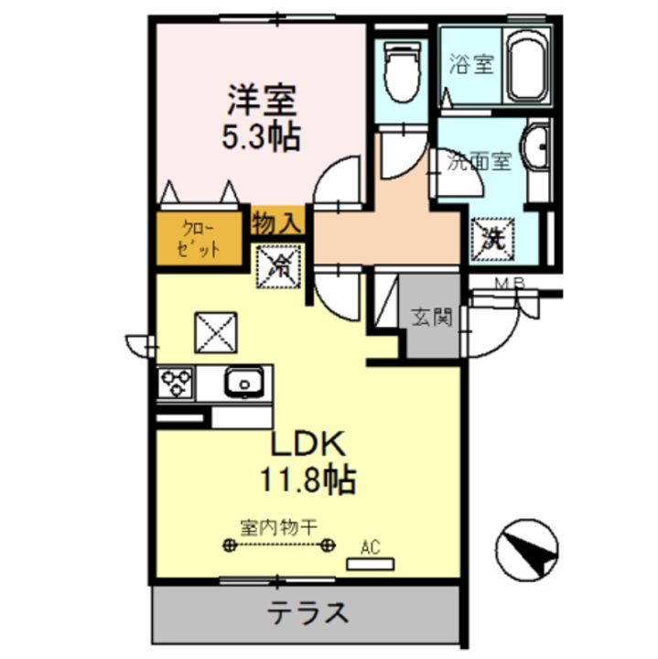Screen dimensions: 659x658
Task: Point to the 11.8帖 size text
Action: click(307, 478)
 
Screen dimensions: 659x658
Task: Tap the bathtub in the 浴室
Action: click(527, 66)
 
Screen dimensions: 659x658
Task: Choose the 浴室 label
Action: click(472, 65)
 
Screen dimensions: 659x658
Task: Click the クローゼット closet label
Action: click(200, 240)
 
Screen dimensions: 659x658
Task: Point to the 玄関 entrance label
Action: click(432, 319)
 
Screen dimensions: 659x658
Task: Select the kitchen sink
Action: click(243, 383)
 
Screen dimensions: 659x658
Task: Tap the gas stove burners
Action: click(175, 383)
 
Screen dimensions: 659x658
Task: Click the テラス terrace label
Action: click(307, 612)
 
